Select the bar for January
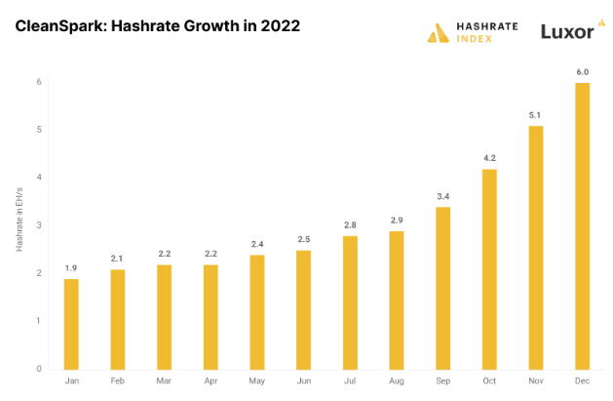click(x=72, y=324)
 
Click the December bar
click(x=582, y=226)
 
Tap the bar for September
click(x=442, y=288)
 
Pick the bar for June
click(x=304, y=309)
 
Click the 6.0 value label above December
click(x=582, y=71)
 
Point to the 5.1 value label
click(x=535, y=114)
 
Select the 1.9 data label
click(x=72, y=267)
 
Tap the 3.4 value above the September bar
click(x=442, y=195)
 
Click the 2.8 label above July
click(x=350, y=224)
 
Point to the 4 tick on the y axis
click(x=39, y=178)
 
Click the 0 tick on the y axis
click(x=39, y=369)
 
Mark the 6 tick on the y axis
click(x=39, y=82)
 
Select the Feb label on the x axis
click(x=118, y=381)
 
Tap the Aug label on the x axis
click(x=397, y=381)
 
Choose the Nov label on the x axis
click(x=535, y=381)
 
